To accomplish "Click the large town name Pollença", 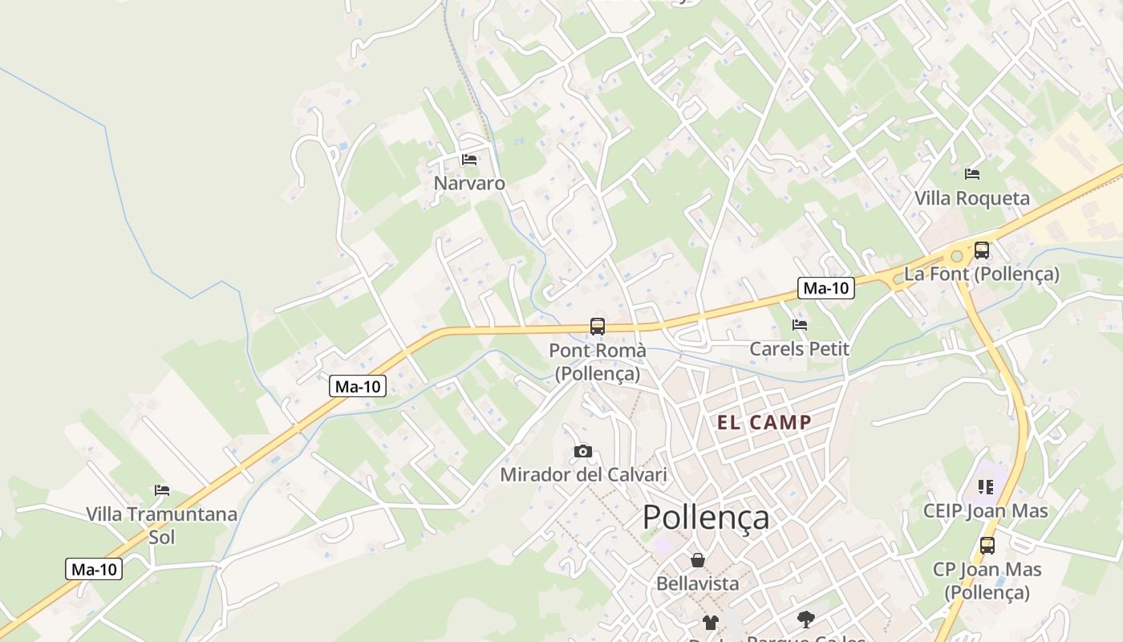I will [706, 518].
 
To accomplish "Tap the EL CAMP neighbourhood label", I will [764, 423].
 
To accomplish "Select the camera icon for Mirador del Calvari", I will [583, 452].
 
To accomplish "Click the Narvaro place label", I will [469, 183].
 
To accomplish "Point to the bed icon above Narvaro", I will [469, 160].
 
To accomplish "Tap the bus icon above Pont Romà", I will [598, 327].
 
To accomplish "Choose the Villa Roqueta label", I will [971, 198].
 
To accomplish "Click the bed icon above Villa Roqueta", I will [972, 173].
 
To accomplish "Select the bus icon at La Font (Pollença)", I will [982, 250].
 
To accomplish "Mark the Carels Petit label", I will [799, 349].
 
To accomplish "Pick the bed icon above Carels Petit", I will [799, 325].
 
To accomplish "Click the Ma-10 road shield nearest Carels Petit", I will [826, 288].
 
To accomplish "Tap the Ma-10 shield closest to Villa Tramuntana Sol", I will [95, 570].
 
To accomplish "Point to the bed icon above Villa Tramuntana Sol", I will [162, 490].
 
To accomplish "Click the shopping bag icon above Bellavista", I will [698, 560].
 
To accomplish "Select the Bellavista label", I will [698, 583].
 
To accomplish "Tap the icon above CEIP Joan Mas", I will [986, 486].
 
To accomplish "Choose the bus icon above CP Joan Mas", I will [987, 546].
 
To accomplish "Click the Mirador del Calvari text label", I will [583, 474].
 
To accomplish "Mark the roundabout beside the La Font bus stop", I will [955, 257].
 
